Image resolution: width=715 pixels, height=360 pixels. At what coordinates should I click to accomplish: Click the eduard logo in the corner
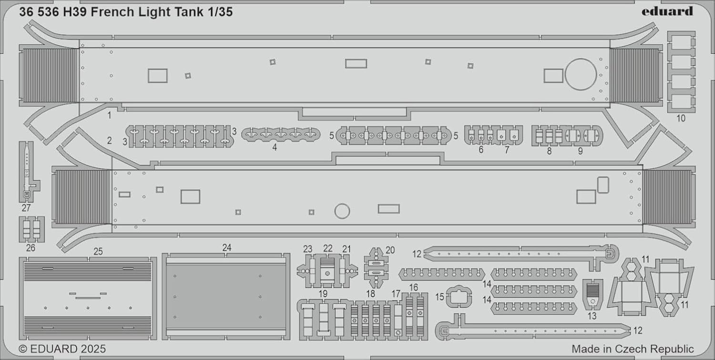(x=667, y=11)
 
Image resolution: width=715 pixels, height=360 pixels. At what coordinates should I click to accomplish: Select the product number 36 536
(x=39, y=12)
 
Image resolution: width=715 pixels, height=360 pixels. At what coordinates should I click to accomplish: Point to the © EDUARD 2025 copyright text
(x=62, y=349)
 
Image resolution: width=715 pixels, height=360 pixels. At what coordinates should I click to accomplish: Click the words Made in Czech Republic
(x=633, y=349)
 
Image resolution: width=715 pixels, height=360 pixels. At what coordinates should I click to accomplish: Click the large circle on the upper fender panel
(x=581, y=74)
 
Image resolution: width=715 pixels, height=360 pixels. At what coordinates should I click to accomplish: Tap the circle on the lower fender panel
(x=342, y=211)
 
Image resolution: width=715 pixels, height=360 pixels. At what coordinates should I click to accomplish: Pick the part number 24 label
(x=226, y=247)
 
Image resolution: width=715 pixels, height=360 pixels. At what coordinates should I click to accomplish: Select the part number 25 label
(x=98, y=251)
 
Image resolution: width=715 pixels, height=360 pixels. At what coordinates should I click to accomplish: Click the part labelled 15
(x=459, y=297)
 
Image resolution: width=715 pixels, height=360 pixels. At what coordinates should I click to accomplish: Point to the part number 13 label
(x=592, y=316)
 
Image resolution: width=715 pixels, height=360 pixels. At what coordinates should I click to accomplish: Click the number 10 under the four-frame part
(x=681, y=118)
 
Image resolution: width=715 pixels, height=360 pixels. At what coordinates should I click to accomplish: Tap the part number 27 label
(x=26, y=208)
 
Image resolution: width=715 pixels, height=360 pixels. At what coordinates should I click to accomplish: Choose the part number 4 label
(x=275, y=147)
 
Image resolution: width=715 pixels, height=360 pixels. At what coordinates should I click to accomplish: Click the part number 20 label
(x=390, y=250)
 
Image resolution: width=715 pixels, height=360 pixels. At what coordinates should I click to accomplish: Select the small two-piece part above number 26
(x=31, y=229)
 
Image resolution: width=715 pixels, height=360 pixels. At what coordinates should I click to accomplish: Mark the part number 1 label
(x=110, y=115)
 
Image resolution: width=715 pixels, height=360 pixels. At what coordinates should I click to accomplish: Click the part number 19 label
(x=323, y=294)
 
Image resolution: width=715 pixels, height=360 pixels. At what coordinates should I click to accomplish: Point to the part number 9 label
(x=580, y=151)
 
